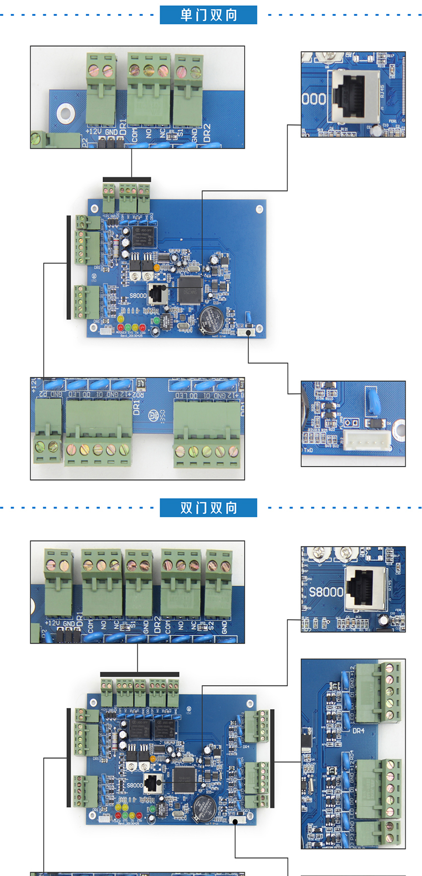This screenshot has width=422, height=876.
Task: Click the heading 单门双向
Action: coord(209,15)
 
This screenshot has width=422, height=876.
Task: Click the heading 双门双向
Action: coord(209,508)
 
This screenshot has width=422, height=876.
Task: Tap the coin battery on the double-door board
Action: coord(204,807)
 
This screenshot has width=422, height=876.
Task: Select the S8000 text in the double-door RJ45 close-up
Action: coord(326,592)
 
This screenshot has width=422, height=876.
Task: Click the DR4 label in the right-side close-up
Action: coord(358,730)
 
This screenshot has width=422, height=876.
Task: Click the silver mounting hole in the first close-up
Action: coord(65,113)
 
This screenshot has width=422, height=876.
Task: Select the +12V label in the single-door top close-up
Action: coord(94,132)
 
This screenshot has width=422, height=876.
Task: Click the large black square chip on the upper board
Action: coord(190,290)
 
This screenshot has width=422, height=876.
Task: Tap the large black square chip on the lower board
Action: coord(183,779)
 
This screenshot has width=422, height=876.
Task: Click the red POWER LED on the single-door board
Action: coord(121,328)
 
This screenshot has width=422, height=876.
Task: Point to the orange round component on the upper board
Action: coord(157,268)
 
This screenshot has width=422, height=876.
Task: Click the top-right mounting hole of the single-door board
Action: coord(259,209)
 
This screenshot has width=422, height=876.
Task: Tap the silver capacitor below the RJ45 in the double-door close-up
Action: coord(383,621)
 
